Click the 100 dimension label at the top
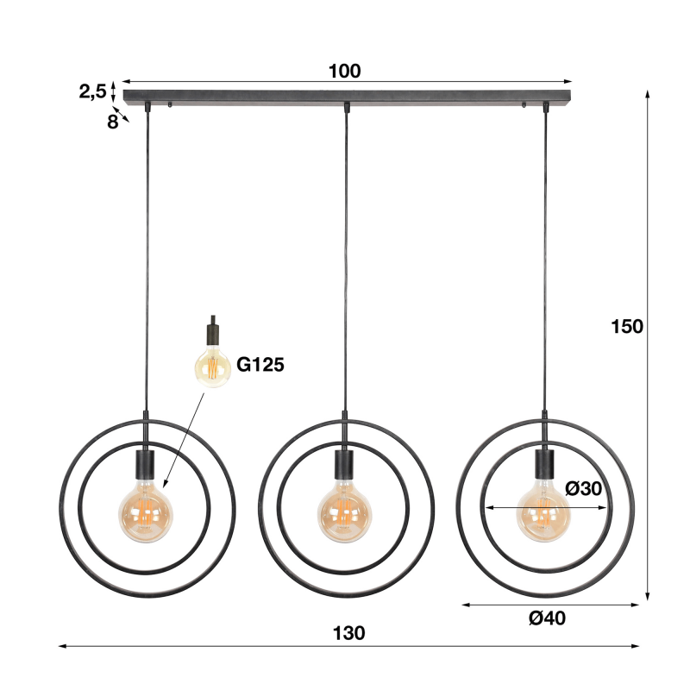coord(345,71)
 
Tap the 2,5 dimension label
coord(92,91)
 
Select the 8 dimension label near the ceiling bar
coord(112,122)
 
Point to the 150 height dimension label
coord(627,326)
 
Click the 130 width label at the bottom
coord(348,633)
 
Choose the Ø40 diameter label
coord(548,618)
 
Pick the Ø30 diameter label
coord(584,488)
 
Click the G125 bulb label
coord(260,365)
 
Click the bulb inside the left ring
coord(146,513)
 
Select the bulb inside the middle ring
coord(345,514)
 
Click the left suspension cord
coord(147,259)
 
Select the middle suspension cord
coord(346,259)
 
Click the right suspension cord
coord(545,259)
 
